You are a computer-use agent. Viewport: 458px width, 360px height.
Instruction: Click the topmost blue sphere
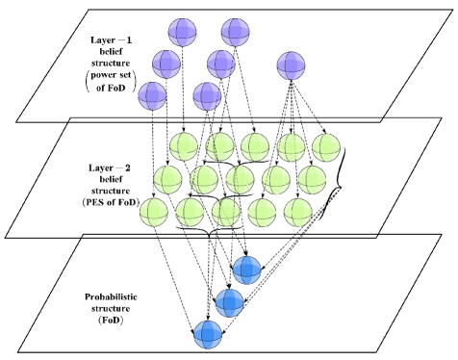click(246, 270)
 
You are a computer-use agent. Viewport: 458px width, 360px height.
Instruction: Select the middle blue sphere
click(229, 303)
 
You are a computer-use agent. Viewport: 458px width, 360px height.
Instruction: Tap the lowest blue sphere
click(208, 335)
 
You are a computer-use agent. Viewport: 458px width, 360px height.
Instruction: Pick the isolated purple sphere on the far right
click(291, 65)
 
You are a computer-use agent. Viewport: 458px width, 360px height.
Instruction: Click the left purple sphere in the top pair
click(182, 33)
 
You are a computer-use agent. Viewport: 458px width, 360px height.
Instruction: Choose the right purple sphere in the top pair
click(235, 33)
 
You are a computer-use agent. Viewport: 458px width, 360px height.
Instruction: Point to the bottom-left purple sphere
click(152, 96)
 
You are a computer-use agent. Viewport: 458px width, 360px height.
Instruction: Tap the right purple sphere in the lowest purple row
click(207, 96)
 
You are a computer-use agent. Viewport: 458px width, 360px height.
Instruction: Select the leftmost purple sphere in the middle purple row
click(166, 64)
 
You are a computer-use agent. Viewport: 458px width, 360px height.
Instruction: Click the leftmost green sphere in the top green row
click(184, 147)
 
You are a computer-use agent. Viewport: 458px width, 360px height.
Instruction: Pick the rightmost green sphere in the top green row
click(325, 147)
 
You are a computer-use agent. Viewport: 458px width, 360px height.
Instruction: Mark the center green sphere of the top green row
click(255, 147)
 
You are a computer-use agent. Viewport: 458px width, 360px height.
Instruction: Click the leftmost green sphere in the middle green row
click(167, 180)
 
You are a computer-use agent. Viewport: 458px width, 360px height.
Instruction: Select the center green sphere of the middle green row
click(240, 180)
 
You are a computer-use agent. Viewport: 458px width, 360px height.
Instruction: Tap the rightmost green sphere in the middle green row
click(312, 180)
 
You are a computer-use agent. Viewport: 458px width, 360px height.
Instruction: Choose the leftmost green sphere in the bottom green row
click(154, 213)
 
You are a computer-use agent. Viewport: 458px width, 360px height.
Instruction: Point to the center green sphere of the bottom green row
click(226, 213)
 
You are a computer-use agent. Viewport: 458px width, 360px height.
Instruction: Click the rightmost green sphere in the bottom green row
click(297, 213)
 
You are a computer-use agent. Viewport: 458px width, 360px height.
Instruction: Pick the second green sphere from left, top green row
click(219, 147)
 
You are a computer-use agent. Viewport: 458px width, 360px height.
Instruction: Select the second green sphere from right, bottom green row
click(262, 213)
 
